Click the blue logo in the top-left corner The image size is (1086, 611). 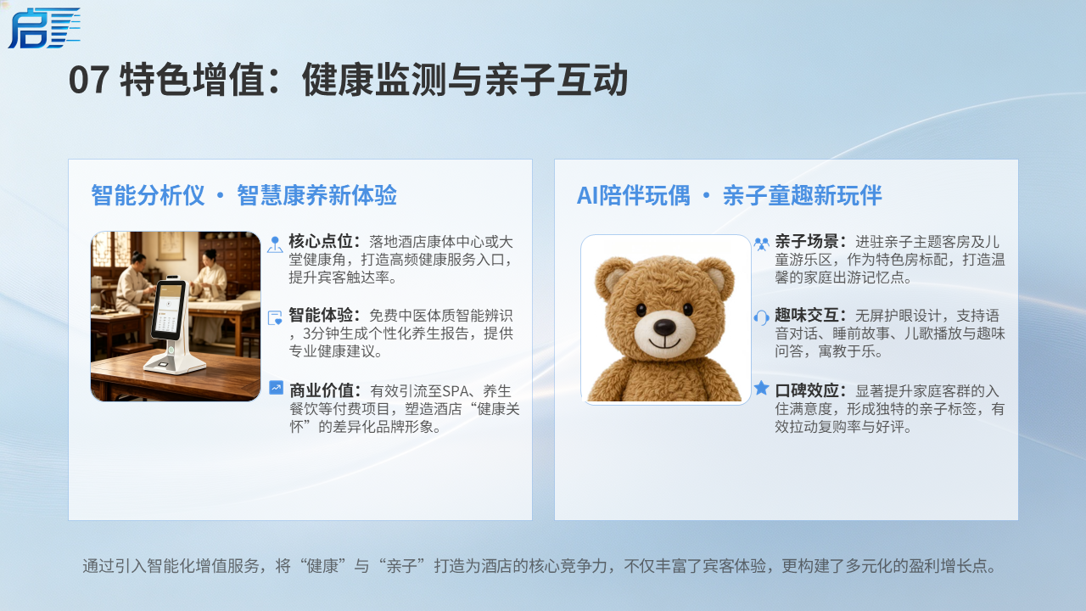(43, 28)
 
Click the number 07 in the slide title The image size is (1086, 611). (89, 80)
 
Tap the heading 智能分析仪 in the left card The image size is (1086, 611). (148, 195)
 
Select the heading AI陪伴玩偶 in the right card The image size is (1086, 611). (633, 195)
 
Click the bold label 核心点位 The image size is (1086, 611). (321, 241)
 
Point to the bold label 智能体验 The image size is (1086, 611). (321, 315)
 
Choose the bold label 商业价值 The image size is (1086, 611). (322, 390)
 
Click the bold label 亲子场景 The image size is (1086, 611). (806, 241)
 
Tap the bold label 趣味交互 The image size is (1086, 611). (806, 315)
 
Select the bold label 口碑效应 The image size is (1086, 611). (806, 390)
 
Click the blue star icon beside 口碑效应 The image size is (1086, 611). (762, 388)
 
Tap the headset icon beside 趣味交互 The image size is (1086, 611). (762, 317)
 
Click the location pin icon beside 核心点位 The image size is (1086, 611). (275, 244)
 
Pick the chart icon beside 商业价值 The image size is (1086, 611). (276, 388)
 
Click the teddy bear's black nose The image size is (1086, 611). (664, 328)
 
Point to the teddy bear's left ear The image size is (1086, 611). (611, 277)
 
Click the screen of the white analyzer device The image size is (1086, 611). (167, 310)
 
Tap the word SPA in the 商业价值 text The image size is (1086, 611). (455, 391)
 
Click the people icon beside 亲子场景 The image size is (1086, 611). (762, 244)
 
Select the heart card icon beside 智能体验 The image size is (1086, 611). (275, 317)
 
